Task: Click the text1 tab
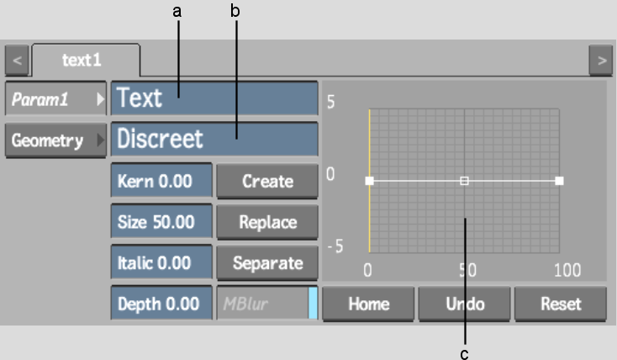coord(86,61)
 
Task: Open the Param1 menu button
coord(55,98)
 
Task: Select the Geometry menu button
coord(55,140)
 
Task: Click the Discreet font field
coord(214,139)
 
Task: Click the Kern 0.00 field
coord(161,181)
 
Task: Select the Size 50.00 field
coord(161,222)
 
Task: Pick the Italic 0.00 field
coord(161,262)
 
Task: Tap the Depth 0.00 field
coord(161,304)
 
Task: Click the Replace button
coord(267,222)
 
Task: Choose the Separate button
coord(267,262)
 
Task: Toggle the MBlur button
coord(267,304)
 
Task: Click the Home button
coord(368,304)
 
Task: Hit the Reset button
coord(561,304)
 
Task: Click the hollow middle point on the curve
coord(464,181)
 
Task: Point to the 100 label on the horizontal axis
coord(567,270)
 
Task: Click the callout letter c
coord(464,354)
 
